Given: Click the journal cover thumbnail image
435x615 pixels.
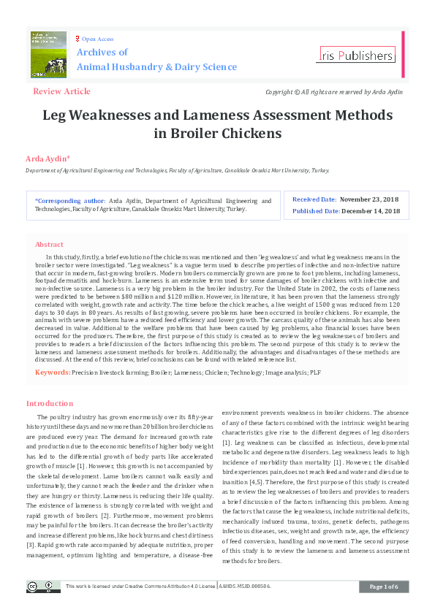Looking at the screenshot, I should click(x=48, y=53).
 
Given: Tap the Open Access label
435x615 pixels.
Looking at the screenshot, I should click(x=97, y=39).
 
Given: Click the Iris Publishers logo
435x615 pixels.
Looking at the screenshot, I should click(x=356, y=55).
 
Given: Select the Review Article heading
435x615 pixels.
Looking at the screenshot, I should click(x=61, y=91).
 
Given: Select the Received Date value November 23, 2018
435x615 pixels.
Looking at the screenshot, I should click(x=370, y=199).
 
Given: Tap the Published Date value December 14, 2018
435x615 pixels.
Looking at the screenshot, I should click(x=372, y=211).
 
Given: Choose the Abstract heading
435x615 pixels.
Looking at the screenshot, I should click(x=50, y=245).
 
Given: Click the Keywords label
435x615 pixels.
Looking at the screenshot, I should click(x=53, y=373).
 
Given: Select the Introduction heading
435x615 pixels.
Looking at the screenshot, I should click(x=50, y=403).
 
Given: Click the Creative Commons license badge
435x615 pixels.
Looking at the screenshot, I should click(x=43, y=587).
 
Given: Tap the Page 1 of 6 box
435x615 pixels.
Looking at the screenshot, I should click(x=384, y=587).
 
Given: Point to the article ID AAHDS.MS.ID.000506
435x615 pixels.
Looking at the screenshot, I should click(x=250, y=587).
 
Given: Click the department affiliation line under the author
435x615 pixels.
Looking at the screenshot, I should click(x=177, y=170).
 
